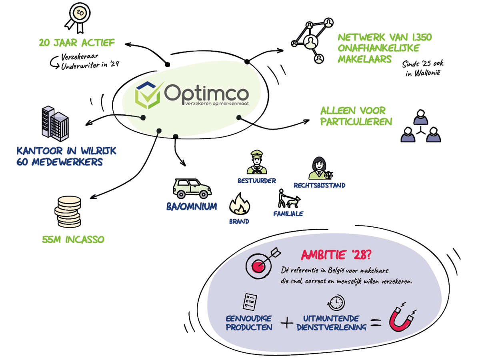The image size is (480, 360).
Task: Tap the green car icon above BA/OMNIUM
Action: click(192, 188)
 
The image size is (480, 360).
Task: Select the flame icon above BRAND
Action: click(240, 204)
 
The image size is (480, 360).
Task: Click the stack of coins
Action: click(68, 212)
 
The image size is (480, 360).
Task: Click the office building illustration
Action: click(55, 124)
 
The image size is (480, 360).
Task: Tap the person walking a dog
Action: click(289, 198)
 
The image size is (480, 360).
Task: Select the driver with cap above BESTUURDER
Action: click(257, 162)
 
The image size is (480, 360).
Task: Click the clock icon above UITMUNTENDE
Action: click(336, 303)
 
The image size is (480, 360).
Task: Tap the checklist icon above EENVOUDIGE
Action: click(250, 302)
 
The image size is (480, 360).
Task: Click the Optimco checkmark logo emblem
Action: click(149, 95)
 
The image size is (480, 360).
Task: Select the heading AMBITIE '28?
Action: click(336, 255)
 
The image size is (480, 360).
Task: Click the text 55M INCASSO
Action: click(73, 240)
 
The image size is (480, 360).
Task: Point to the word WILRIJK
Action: click(98, 151)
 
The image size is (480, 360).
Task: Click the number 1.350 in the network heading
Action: click(422, 37)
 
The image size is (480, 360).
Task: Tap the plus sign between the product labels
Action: click(287, 323)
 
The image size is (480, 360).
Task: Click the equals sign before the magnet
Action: click(376, 322)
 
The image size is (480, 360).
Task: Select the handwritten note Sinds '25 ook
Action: click(423, 64)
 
